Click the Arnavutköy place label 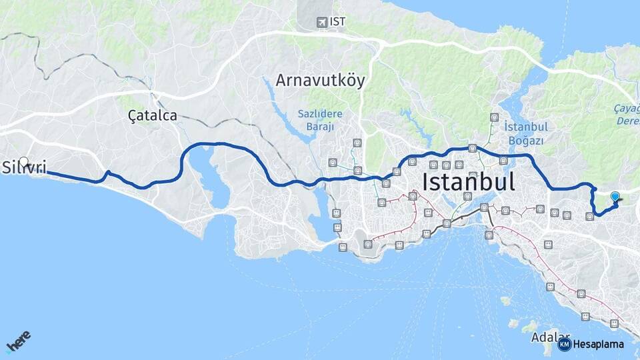(321, 81)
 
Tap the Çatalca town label (153, 115)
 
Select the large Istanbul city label (469, 182)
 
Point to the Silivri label (25, 167)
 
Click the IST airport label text (338, 21)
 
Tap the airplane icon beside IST (323, 22)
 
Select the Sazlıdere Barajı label (320, 119)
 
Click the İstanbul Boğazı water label (526, 133)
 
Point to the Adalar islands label (551, 338)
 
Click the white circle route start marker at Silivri (24, 162)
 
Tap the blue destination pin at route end (615, 197)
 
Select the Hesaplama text (599, 344)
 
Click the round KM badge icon (564, 344)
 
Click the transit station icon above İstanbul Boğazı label (494, 117)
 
